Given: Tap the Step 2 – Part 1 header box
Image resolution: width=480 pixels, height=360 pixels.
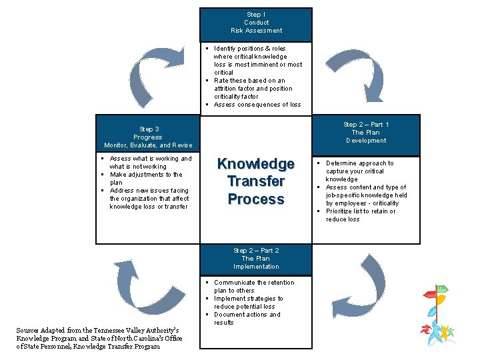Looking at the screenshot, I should coord(366,132).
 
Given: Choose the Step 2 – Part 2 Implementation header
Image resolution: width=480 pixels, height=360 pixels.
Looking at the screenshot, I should coord(256,259).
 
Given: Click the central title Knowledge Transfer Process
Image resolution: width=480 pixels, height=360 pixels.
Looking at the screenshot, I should coord(256,181).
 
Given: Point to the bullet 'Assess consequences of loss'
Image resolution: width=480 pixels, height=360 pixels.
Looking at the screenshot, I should coord(257,105).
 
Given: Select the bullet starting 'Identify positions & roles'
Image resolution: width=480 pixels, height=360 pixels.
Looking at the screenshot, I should coord(257,61).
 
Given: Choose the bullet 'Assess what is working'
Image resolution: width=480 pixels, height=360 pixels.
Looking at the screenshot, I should coord(150,163).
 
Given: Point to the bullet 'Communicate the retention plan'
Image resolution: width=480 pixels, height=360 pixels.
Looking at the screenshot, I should coord(253,287).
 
